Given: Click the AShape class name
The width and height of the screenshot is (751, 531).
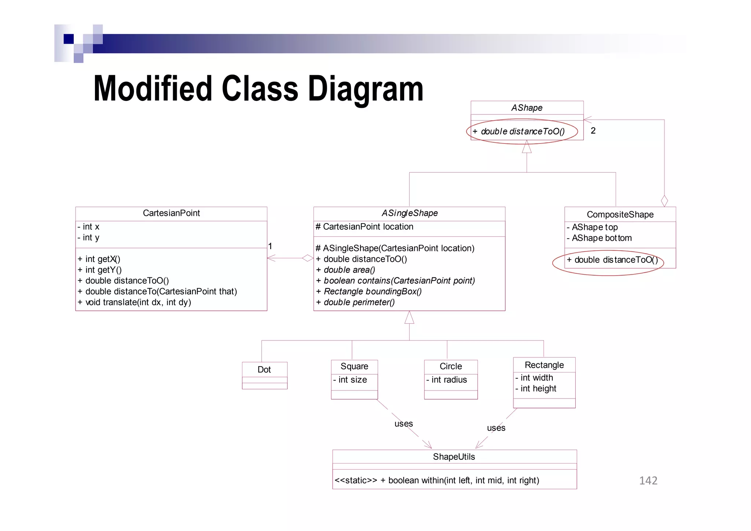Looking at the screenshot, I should pos(527,108).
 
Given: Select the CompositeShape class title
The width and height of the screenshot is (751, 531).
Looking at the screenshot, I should pos(620,215).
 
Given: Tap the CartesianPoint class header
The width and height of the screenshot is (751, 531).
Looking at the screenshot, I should pos(171,213).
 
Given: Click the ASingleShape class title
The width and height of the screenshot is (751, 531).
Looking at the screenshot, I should pos(409,213).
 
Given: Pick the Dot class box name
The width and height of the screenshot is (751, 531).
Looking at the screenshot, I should pos(264,370).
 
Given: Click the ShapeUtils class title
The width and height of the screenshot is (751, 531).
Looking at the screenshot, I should pos(454,457).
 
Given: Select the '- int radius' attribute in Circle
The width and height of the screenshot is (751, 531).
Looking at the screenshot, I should pos(447,380).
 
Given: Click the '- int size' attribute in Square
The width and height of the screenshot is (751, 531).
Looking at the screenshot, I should pos(350,380).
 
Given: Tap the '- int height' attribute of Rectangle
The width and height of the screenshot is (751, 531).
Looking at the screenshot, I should pos(536,389).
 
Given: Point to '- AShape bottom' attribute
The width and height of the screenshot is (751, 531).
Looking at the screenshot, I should pos(599,238).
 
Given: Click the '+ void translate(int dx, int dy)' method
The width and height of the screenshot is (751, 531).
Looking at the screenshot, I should pos(134,302).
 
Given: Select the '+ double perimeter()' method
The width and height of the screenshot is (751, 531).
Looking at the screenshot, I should pos(355,302).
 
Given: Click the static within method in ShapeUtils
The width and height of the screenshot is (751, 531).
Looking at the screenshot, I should pos(437,480).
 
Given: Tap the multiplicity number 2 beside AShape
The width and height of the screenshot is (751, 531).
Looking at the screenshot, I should pos(593,131).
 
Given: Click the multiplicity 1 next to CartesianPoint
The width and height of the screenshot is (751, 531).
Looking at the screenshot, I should pos(270,246).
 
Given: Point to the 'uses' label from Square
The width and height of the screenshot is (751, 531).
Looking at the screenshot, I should pos(403,424).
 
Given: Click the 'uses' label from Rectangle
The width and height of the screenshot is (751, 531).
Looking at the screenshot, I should pos(496,428).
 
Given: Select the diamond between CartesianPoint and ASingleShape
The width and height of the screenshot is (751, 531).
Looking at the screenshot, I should pos(308,258).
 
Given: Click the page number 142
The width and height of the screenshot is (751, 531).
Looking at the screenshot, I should pos(648,481).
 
